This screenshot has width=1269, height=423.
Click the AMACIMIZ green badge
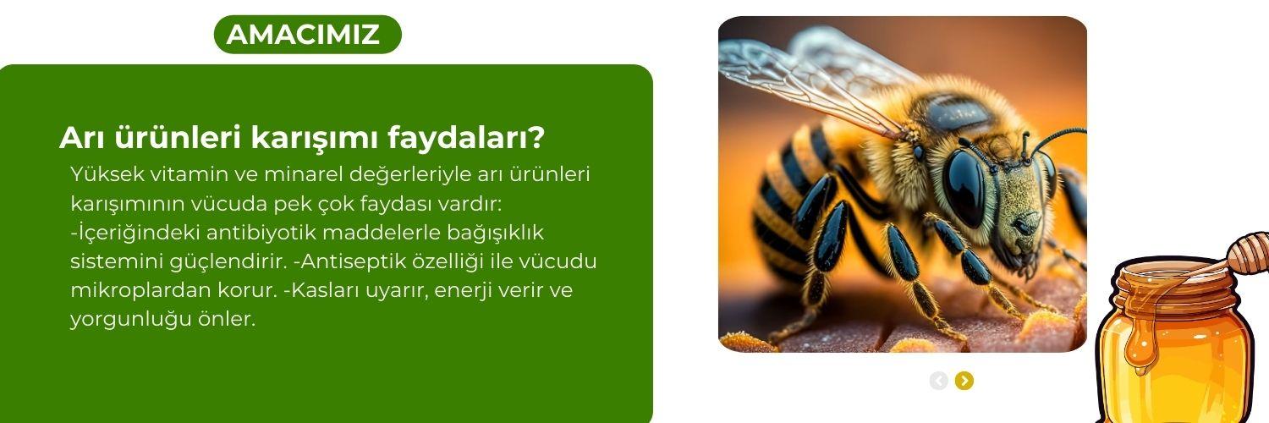[307, 35]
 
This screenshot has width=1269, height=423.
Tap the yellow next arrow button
[964, 381]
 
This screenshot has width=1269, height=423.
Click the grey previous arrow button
[938, 381]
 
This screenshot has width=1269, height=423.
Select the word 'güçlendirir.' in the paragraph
[204, 261]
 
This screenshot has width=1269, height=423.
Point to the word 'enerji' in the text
[464, 290]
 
